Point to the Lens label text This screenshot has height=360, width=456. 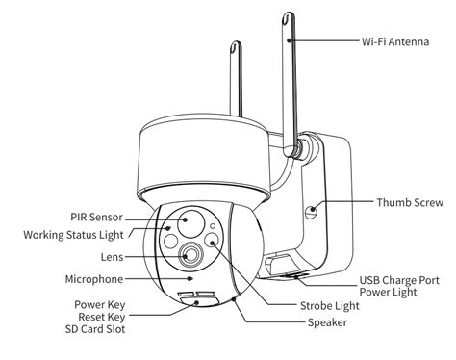click(110, 257)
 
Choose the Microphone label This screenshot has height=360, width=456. click(93, 279)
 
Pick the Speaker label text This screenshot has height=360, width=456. click(328, 322)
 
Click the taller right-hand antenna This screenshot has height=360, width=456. click(289, 77)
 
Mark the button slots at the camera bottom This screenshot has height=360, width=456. click(193, 296)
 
